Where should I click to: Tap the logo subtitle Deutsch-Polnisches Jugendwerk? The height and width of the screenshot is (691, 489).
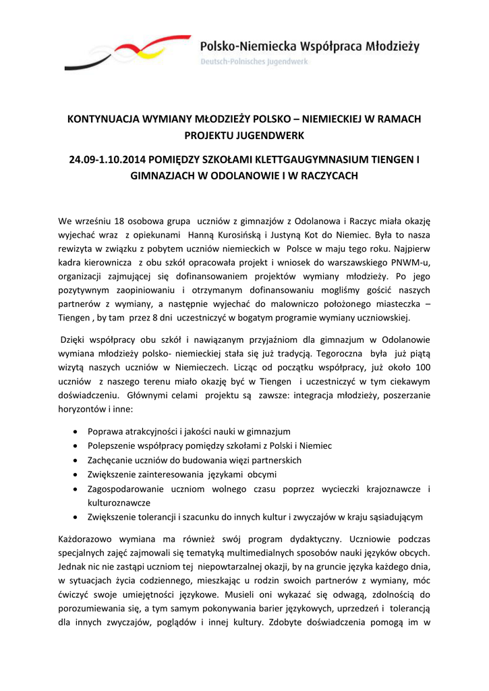click(254, 61)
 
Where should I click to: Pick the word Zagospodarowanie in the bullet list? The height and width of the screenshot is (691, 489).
click(126, 488)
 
